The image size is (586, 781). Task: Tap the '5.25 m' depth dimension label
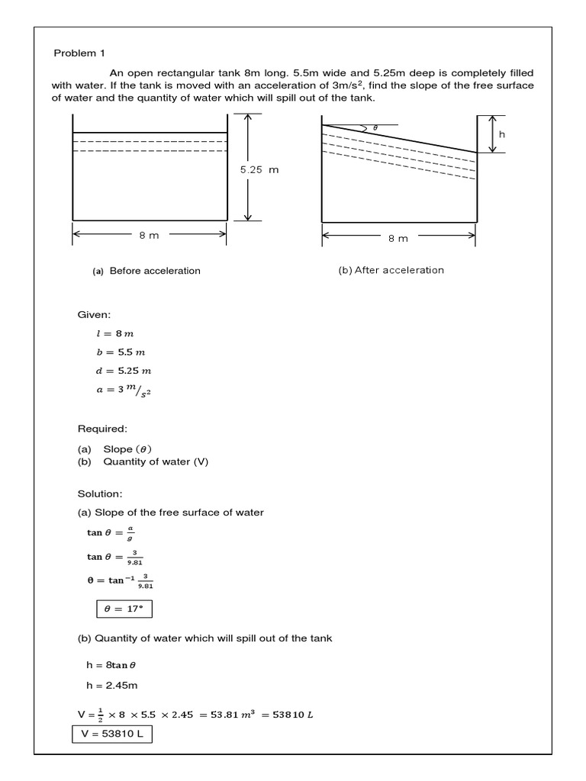(259, 169)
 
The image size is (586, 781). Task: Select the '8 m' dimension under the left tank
(149, 235)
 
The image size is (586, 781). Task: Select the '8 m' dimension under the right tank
(398, 238)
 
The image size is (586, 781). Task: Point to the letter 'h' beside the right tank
(501, 133)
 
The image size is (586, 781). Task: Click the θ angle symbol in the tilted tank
(375, 127)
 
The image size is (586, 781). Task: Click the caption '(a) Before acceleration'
(146, 271)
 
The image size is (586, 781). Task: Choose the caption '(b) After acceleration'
(391, 270)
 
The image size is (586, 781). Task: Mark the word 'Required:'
(102, 429)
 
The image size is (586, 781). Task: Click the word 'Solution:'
(100, 494)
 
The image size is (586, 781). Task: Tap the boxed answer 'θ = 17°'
(124, 609)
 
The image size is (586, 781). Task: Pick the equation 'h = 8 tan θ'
(111, 665)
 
